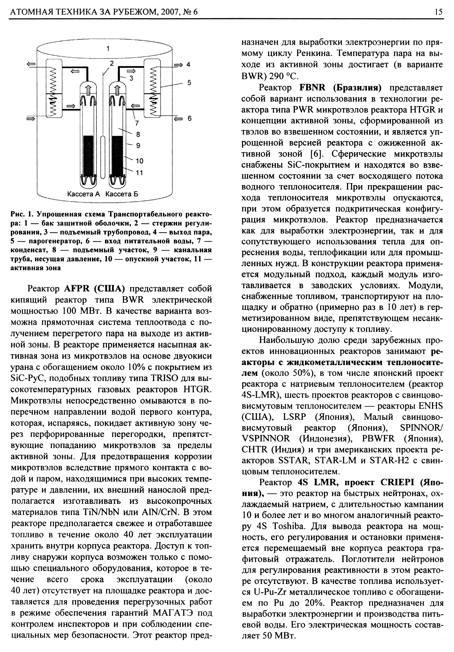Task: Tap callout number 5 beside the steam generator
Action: pyautogui.click(x=189, y=83)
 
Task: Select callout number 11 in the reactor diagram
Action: pyautogui.click(x=139, y=173)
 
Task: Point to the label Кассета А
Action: pyautogui.click(x=84, y=194)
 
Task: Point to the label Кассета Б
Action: pyautogui.click(x=122, y=194)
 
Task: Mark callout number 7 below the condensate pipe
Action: pyautogui.click(x=137, y=123)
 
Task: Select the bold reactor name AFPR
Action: pyautogui.click(x=77, y=289)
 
